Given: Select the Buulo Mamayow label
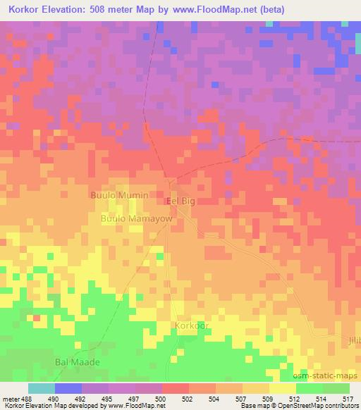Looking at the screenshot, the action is [x=137, y=219].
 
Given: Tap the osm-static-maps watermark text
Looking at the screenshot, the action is [x=330, y=375].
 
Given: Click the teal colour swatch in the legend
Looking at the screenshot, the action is [x=41, y=388].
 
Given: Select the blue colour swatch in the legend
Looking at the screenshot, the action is [x=68, y=388].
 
